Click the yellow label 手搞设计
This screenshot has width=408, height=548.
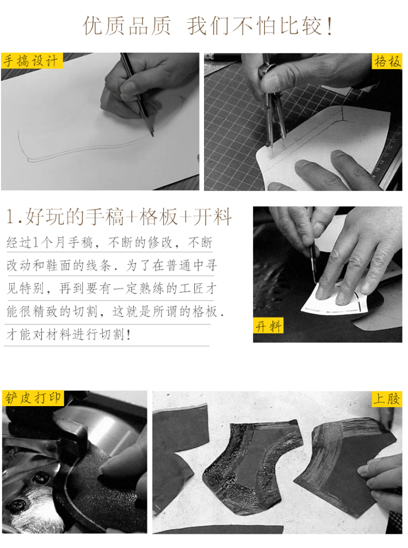tap(32, 61)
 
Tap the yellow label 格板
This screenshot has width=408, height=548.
tap(387, 61)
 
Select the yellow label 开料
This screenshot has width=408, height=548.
tap(268, 326)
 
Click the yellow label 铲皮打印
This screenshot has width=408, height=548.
tap(33, 398)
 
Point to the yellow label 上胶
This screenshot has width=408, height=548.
tap(386, 399)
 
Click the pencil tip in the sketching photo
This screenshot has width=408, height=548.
tap(153, 135)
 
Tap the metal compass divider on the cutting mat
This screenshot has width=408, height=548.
tap(272, 101)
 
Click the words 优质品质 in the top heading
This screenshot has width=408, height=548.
tap(127, 26)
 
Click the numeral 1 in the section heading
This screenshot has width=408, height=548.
tap(10, 217)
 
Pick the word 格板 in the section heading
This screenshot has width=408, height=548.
tap(159, 217)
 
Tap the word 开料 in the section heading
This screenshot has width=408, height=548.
tap(213, 217)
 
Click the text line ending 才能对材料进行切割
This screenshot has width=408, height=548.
tap(69, 334)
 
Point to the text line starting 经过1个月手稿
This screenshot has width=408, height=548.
tap(109, 242)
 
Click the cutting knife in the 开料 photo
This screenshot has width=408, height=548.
tap(313, 264)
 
